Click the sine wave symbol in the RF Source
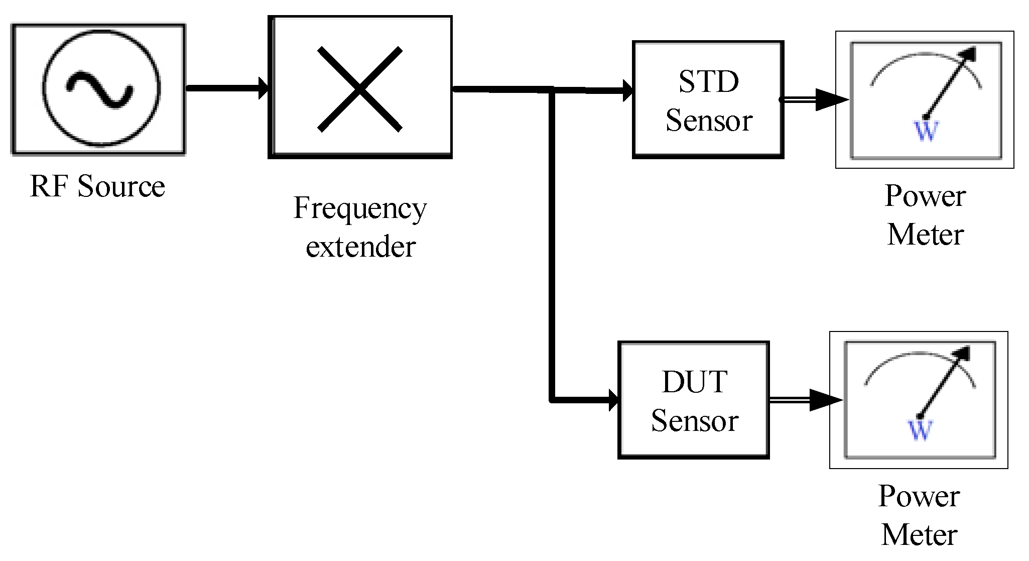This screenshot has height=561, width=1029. pyautogui.click(x=100, y=89)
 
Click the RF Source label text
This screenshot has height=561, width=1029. pyautogui.click(x=97, y=186)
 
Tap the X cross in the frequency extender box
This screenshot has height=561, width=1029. pyautogui.click(x=360, y=89)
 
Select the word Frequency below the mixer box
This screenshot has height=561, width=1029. pyautogui.click(x=360, y=208)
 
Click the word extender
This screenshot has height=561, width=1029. pyautogui.click(x=360, y=247)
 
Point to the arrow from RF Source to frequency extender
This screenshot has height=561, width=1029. pyautogui.click(x=226, y=88)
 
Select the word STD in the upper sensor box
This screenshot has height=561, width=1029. pyautogui.click(x=708, y=81)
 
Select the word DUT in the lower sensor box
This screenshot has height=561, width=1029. pyautogui.click(x=695, y=382)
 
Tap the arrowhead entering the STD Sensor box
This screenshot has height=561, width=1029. pyautogui.click(x=627, y=90)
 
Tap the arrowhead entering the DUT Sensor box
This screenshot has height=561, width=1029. pyautogui.click(x=613, y=400)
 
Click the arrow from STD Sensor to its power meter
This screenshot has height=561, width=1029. pyautogui.click(x=813, y=99)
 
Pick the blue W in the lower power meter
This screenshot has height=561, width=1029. pyautogui.click(x=920, y=430)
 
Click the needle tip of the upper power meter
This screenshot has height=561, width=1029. pyautogui.click(x=972, y=51)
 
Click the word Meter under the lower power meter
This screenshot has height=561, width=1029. pyautogui.click(x=919, y=534)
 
